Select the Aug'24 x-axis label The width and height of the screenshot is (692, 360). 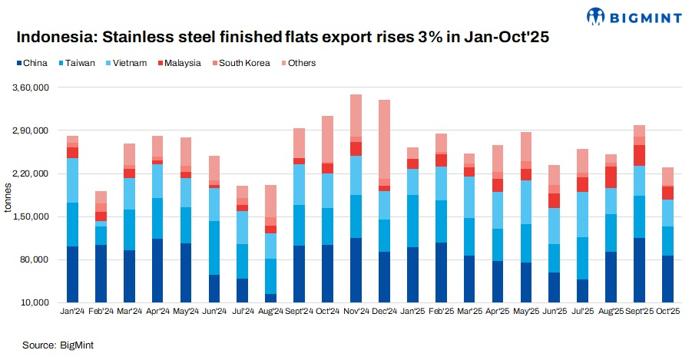tap(270, 312)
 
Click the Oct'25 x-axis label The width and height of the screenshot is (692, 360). tap(667, 312)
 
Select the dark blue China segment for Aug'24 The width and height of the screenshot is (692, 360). tap(270, 298)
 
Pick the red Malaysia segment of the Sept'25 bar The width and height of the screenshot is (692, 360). tap(639, 155)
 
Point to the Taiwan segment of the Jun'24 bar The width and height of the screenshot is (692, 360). tap(214, 248)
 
